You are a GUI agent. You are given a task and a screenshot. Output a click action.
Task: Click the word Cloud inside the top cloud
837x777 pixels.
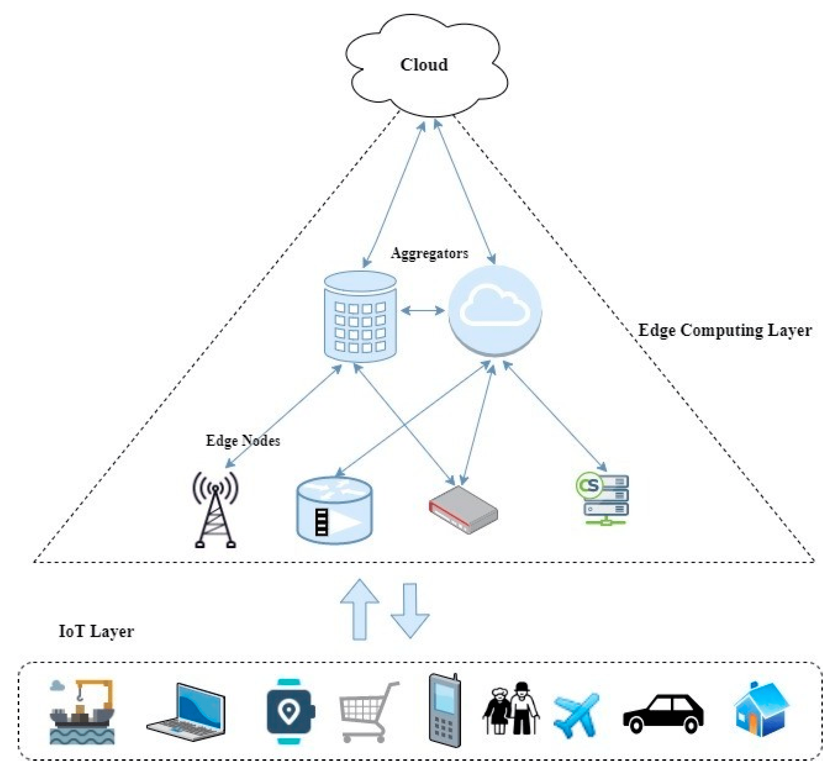point(424,65)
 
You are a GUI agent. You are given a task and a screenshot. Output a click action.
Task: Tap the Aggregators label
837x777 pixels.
point(429,253)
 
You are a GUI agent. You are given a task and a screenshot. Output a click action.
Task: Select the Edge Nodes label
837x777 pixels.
point(243,441)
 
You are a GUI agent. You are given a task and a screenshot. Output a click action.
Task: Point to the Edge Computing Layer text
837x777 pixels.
point(724,330)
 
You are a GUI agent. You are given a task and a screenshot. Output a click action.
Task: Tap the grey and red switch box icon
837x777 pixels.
point(463,510)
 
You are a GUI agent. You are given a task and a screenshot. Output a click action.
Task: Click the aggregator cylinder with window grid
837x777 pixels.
point(360,317)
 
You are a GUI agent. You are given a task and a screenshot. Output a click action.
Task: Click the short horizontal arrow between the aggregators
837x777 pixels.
point(422,311)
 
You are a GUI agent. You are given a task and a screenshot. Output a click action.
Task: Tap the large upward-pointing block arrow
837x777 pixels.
point(359,609)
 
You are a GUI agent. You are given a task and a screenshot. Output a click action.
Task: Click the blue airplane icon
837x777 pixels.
point(576,714)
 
